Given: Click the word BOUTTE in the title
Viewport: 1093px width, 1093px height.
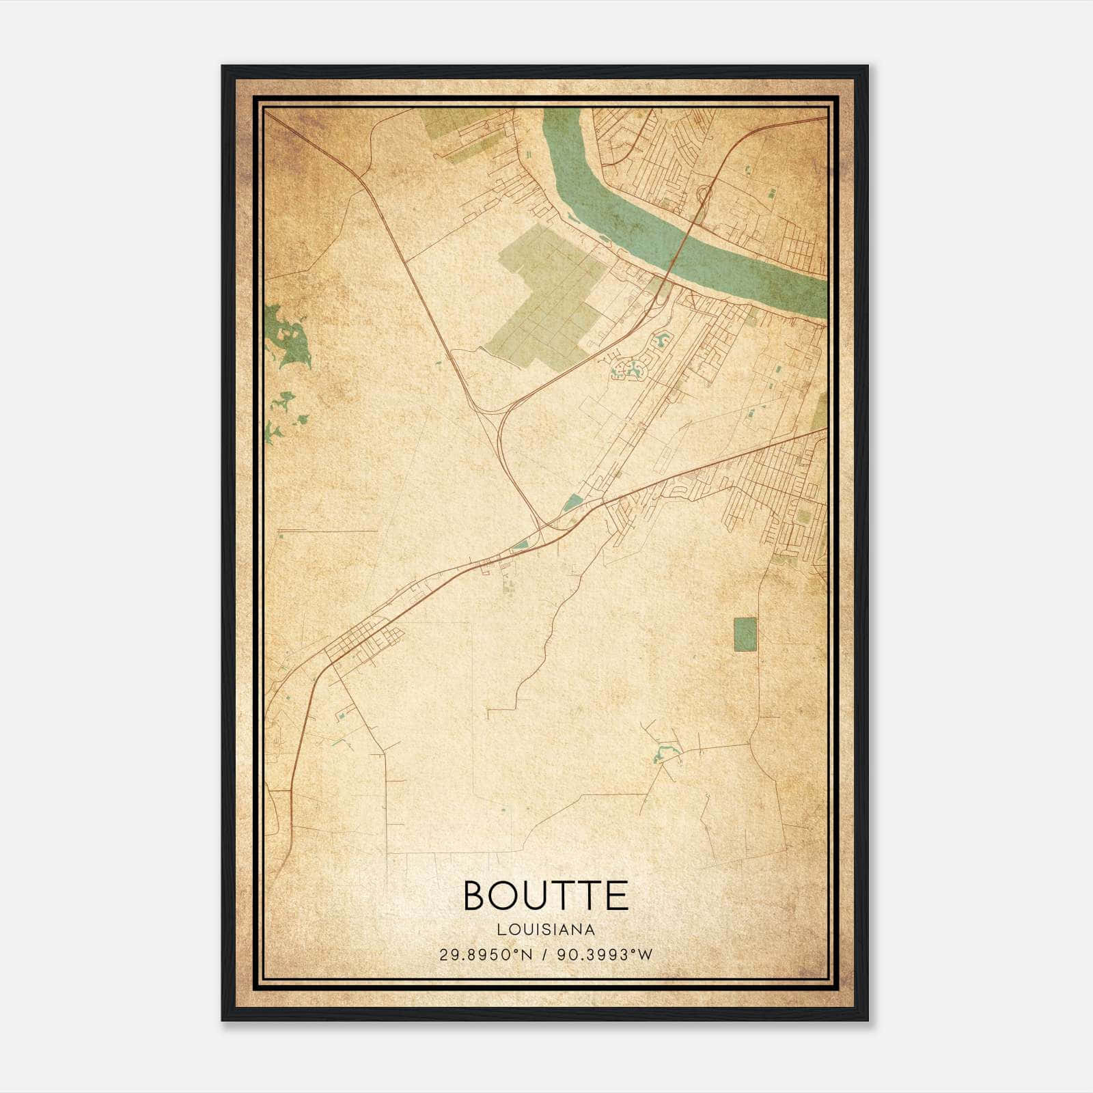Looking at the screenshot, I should point(546,896).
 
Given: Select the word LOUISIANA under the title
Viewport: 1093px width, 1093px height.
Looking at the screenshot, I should point(546,930).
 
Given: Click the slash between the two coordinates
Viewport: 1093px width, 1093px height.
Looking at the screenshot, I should point(544,955).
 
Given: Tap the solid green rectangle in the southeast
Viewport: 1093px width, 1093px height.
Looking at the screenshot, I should point(745,634).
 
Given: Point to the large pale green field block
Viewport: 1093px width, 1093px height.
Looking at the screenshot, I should point(546,294).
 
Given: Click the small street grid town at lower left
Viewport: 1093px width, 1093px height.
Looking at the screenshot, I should point(362,642).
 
